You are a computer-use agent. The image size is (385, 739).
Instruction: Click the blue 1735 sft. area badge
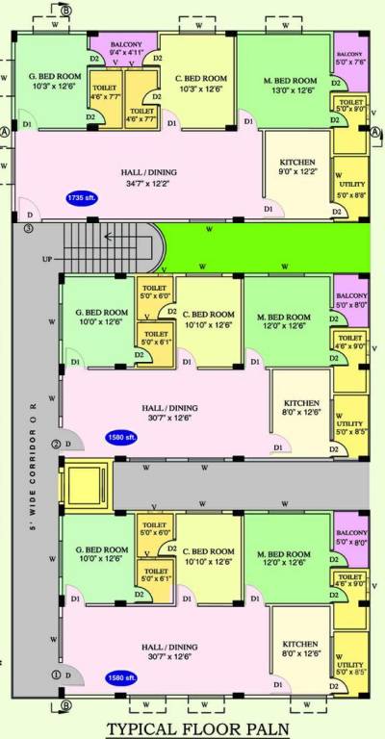80,197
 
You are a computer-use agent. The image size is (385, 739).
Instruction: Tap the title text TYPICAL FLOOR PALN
198,728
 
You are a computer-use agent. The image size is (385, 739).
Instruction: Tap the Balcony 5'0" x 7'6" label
350,58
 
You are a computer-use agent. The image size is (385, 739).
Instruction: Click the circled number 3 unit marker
28,228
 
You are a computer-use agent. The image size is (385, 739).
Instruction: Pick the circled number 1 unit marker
55,675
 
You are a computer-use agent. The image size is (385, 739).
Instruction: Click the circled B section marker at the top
65,10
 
